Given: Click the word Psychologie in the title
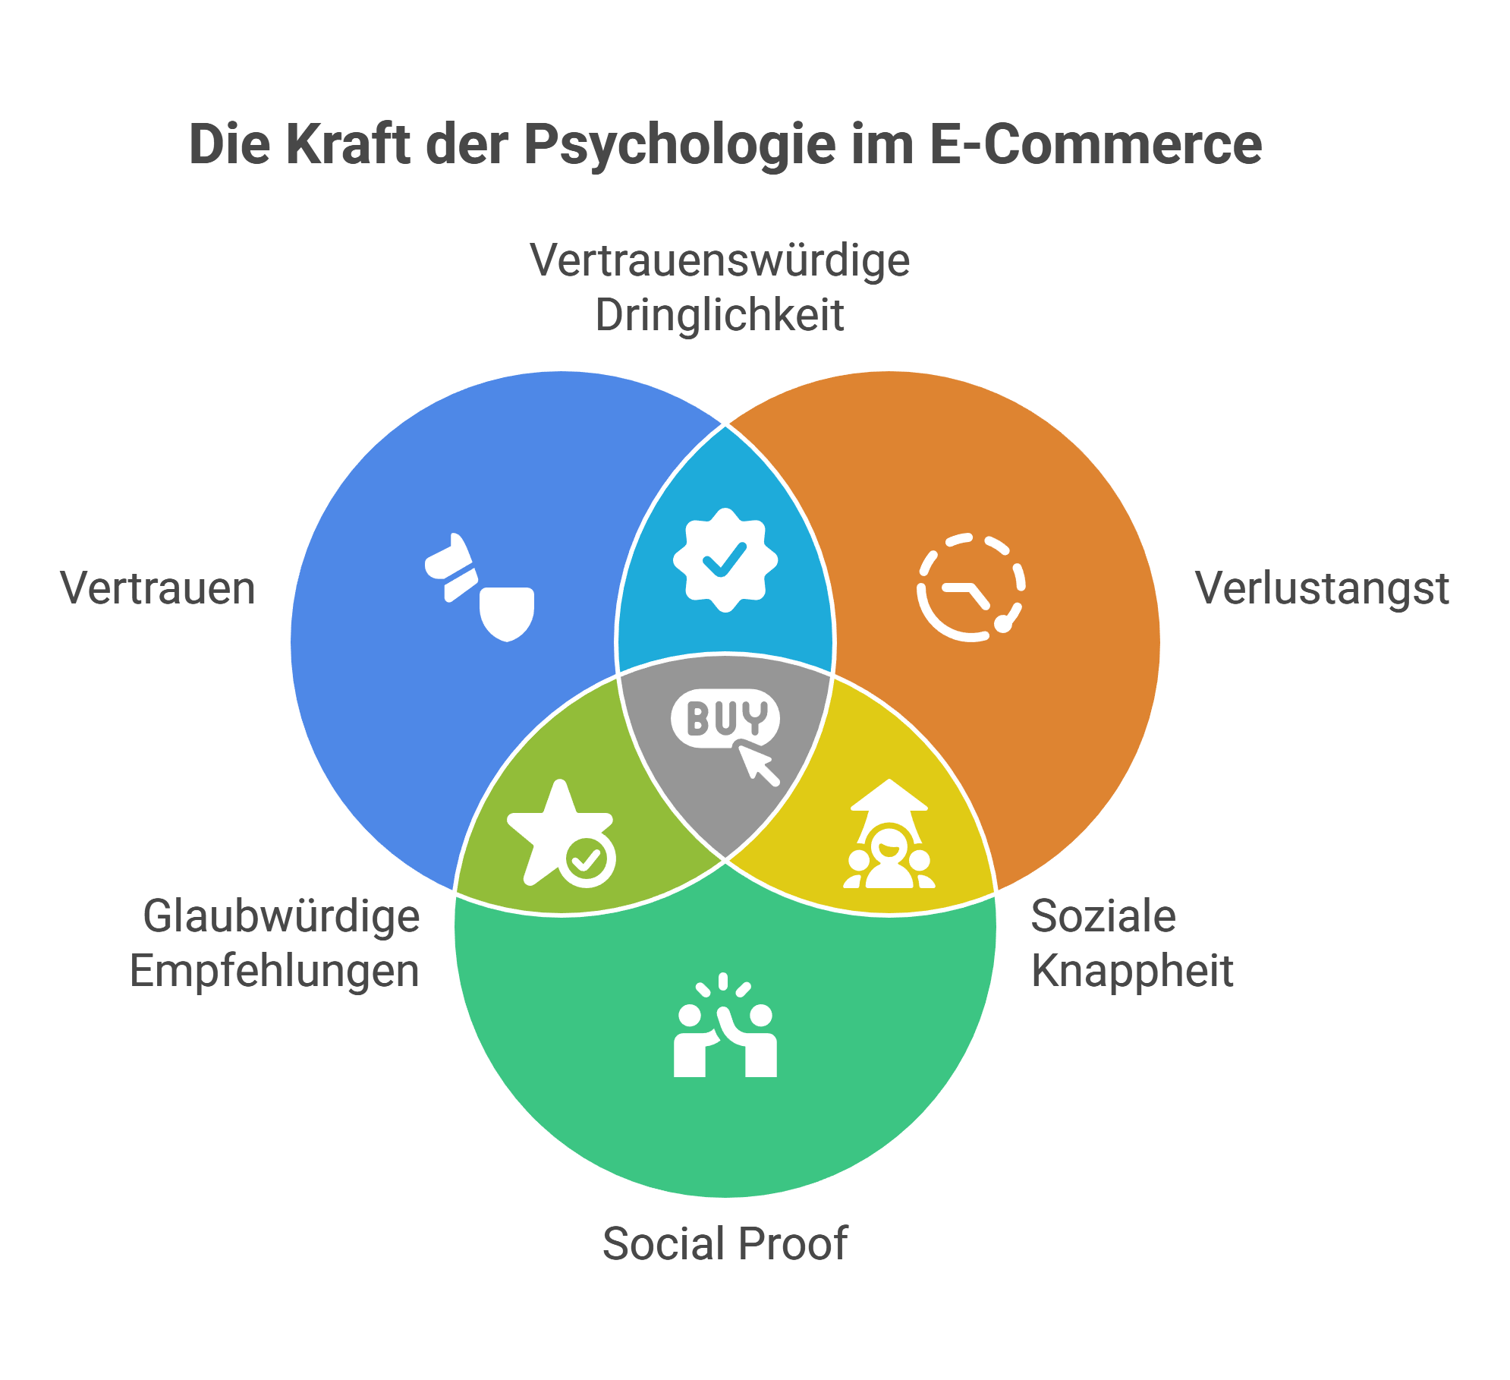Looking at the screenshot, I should (679, 144).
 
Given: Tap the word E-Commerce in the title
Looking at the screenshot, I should (1094, 144).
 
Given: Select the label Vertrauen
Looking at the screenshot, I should (158, 588).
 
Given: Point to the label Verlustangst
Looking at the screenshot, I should (1322, 590).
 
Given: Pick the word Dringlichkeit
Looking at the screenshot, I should (719, 315).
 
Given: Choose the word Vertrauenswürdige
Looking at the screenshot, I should (719, 260).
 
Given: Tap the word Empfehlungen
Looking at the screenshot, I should (275, 972).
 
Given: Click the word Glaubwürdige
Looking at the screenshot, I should (282, 917).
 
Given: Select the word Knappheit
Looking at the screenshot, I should (1132, 971).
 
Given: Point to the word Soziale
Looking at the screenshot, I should (1103, 915).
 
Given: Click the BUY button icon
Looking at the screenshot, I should (725, 717).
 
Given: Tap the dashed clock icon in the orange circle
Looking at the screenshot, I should (970, 587).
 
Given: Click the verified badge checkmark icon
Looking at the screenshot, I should (725, 559).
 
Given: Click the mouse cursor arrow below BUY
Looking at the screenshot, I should (760, 764).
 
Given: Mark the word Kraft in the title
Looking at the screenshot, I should (349, 144).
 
